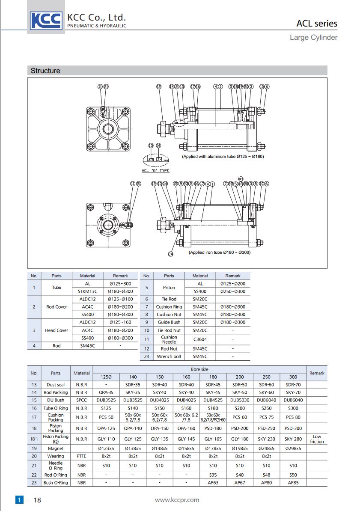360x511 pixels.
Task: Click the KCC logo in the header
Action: (x=46, y=20)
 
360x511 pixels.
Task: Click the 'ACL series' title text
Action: (x=317, y=24)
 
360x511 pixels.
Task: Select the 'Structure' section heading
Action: (x=45, y=71)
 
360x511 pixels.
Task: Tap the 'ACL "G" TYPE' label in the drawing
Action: (x=155, y=170)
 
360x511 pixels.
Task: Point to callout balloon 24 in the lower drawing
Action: (x=170, y=254)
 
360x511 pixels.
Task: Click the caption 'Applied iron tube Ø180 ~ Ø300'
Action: (x=219, y=253)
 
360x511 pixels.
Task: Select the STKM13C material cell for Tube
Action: (x=88, y=291)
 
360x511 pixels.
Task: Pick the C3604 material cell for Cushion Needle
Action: (x=200, y=339)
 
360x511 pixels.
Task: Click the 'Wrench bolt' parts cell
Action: (x=169, y=356)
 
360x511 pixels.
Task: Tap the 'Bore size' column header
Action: (x=199, y=369)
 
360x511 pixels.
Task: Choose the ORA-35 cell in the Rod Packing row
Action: (x=106, y=392)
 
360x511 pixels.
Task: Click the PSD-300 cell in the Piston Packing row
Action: (x=293, y=428)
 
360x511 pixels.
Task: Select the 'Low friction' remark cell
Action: (x=317, y=439)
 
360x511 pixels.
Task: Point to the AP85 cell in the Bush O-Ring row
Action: (x=293, y=482)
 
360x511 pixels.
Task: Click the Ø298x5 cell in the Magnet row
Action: (x=293, y=449)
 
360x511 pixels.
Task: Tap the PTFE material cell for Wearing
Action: (x=81, y=456)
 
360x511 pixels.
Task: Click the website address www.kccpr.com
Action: (x=177, y=500)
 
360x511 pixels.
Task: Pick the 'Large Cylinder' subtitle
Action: (x=313, y=38)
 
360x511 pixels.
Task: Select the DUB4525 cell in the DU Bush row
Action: (x=213, y=400)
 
